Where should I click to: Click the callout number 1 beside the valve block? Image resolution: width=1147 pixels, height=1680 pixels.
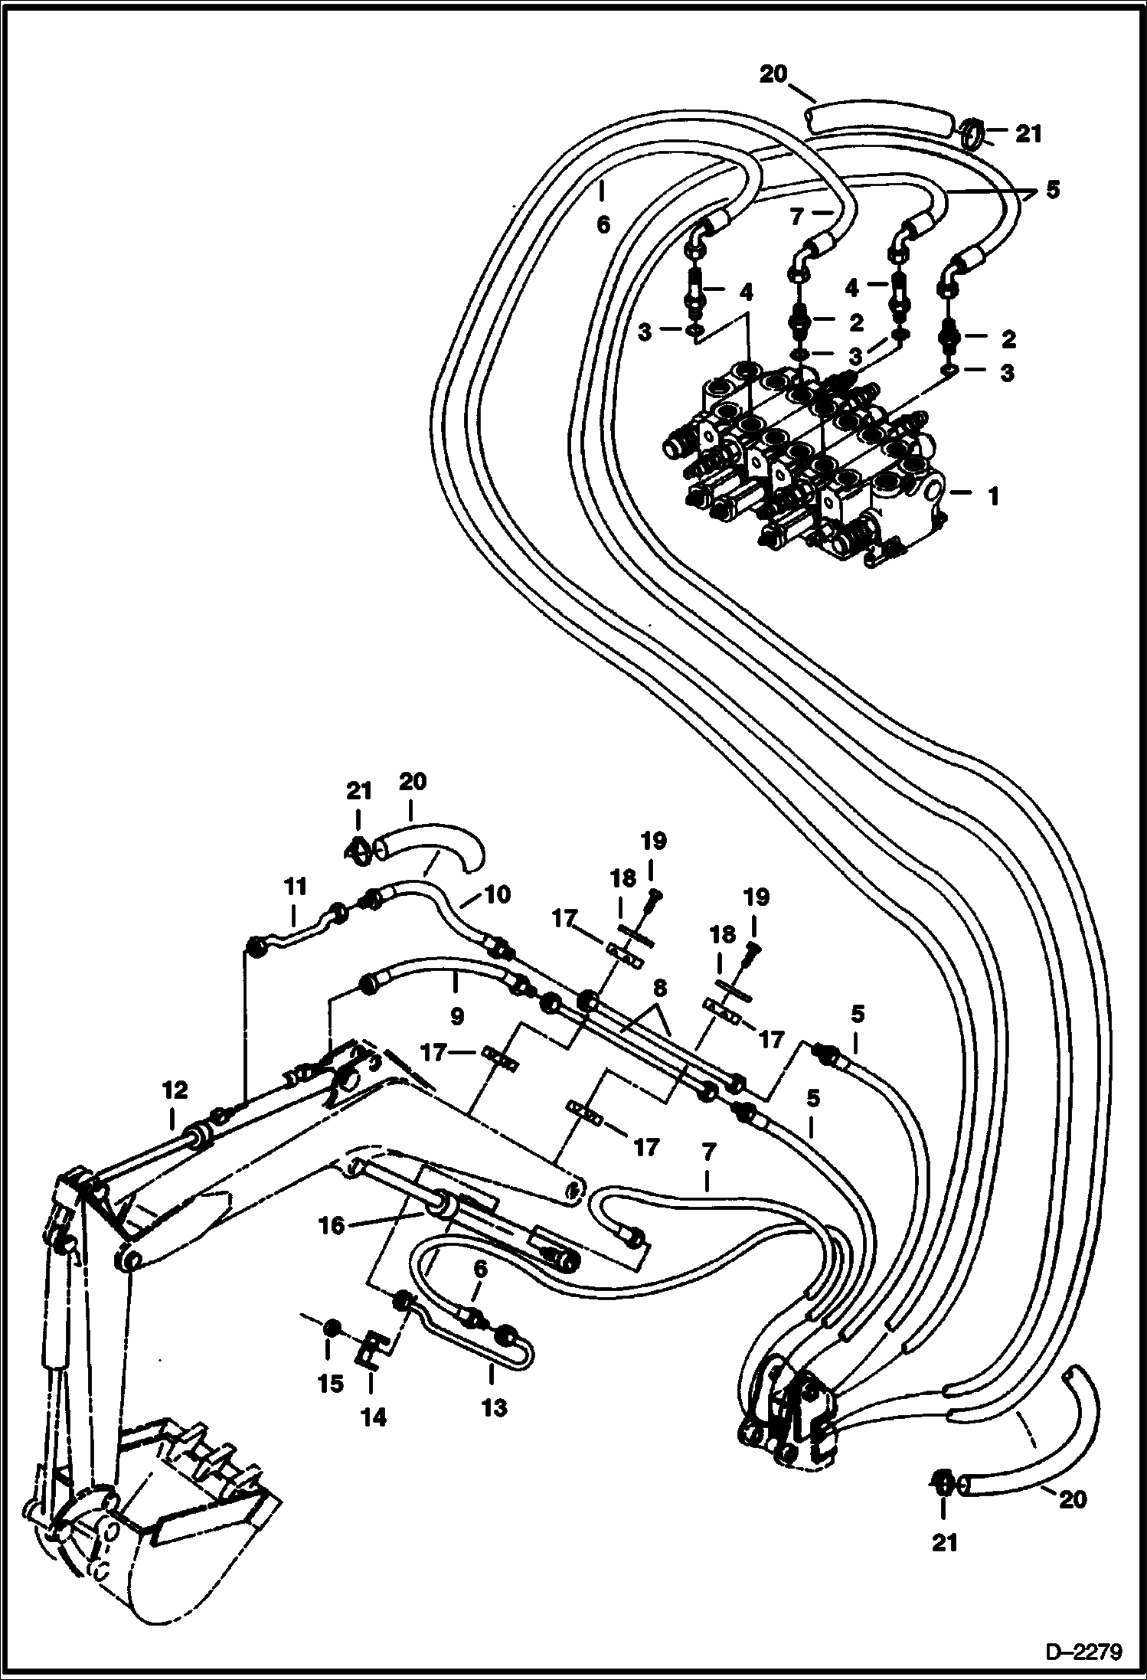coord(993,497)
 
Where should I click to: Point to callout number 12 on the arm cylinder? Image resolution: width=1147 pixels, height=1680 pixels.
coord(175,1090)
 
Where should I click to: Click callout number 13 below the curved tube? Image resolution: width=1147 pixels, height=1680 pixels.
coord(495,1407)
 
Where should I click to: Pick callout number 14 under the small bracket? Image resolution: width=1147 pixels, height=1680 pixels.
coord(374,1418)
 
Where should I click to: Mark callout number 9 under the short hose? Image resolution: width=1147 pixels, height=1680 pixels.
coord(456,1016)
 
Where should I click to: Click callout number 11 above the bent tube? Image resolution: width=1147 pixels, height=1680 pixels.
coord(296,887)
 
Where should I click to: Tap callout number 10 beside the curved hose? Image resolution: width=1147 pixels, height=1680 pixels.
coord(497,894)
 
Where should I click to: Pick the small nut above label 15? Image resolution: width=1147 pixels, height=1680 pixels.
coord(331,1327)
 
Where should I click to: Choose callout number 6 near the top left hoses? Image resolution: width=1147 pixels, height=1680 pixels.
coord(603,224)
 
